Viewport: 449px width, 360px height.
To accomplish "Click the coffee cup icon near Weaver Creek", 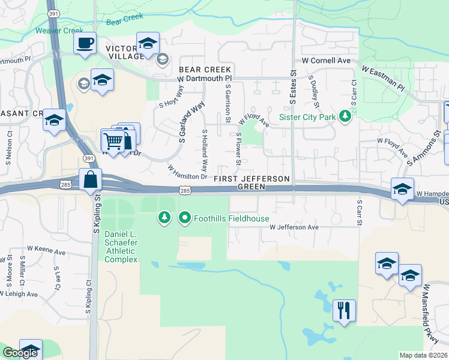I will (x=85, y=43).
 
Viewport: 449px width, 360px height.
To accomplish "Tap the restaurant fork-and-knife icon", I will (x=344, y=310).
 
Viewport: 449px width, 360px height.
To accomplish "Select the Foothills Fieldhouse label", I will (x=231, y=218).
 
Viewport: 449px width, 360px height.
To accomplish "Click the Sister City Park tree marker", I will (x=345, y=116).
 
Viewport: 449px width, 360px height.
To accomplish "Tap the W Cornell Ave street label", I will (x=326, y=61).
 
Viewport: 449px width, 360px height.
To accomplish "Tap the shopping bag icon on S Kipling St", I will (x=89, y=179).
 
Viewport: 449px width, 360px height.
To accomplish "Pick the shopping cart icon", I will (x=113, y=141).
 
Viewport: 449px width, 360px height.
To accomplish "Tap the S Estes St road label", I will (x=294, y=81).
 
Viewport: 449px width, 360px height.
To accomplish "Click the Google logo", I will (x=20, y=353).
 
